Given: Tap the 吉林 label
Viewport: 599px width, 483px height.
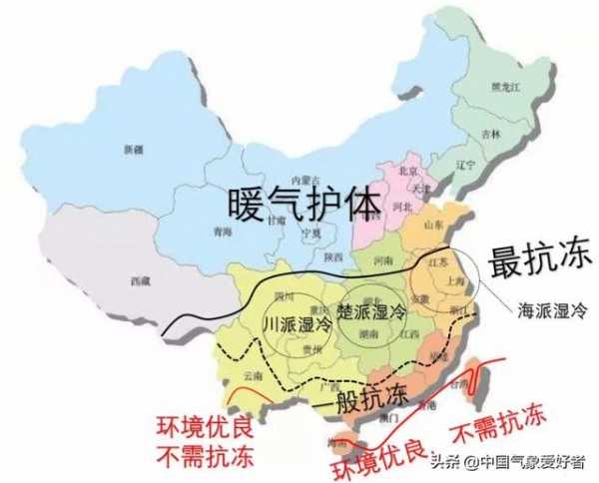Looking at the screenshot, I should click(x=490, y=133).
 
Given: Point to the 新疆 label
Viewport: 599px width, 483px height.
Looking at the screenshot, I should click(x=133, y=150).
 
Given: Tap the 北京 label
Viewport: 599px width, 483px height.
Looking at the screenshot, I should click(x=406, y=170).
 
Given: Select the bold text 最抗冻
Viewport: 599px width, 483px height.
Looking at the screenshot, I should click(x=539, y=261).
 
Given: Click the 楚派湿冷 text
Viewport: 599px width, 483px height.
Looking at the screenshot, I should click(x=372, y=310).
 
